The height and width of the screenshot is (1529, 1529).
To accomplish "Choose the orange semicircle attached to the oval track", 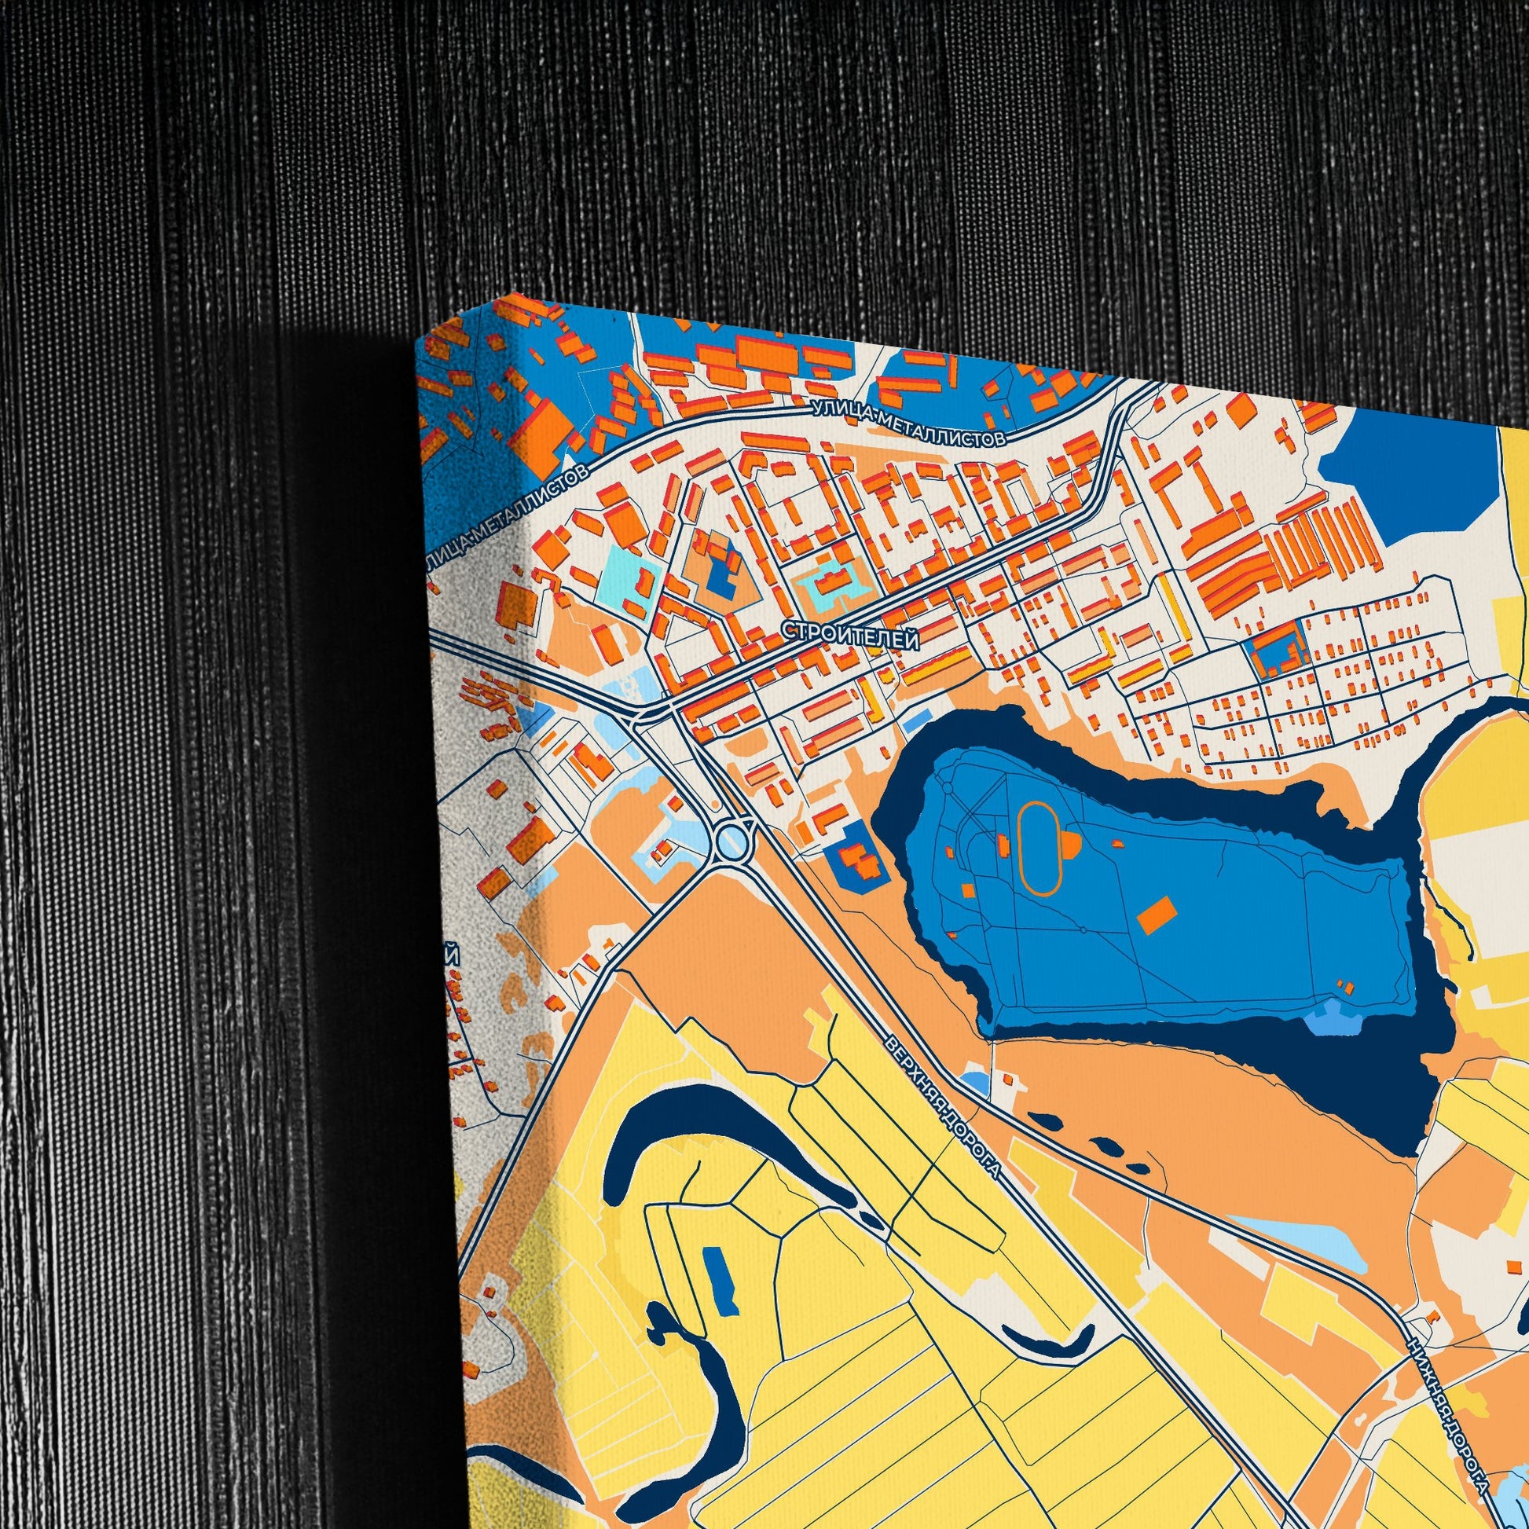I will [1070, 844].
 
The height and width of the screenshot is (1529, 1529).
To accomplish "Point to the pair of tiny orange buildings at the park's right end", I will [1344, 986].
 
